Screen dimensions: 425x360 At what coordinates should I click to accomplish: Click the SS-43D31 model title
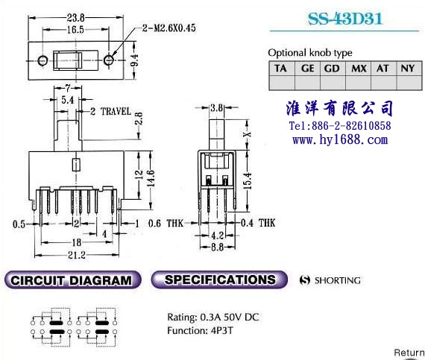345,19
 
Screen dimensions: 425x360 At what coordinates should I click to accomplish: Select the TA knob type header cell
281,69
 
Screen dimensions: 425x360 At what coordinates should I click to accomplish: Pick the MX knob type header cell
359,69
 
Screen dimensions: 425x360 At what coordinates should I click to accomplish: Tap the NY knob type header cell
408,69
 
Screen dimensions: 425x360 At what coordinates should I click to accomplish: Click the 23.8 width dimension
76,18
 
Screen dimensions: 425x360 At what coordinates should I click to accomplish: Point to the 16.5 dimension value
75,30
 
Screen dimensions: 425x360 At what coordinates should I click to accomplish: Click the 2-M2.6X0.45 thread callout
169,28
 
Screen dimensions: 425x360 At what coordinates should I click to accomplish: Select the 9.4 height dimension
134,60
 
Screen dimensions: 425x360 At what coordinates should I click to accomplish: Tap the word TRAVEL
116,111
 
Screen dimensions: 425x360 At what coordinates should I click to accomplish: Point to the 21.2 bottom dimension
77,255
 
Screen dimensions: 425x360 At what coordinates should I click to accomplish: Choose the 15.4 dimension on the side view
248,180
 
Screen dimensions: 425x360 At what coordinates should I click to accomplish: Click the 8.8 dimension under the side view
218,247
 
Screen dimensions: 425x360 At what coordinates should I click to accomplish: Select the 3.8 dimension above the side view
216,108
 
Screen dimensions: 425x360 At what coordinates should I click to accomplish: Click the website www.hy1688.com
340,140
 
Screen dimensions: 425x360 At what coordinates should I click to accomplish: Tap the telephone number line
340,126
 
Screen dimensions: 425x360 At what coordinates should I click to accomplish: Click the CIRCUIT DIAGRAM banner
72,280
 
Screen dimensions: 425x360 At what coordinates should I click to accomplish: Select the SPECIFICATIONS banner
219,280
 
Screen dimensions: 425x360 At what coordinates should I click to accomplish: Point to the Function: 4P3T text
200,330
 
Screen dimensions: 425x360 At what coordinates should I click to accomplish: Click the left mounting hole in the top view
42,60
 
